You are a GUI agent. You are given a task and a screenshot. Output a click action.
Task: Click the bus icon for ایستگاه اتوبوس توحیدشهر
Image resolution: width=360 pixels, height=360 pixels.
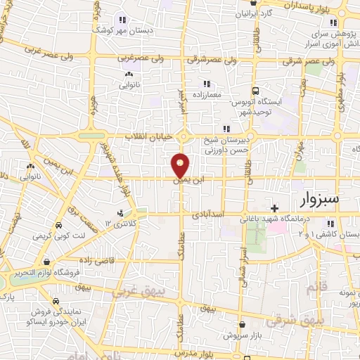[x=256, y=91]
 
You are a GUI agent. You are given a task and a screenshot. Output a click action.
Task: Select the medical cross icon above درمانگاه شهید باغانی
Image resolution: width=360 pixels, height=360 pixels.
[x=274, y=208]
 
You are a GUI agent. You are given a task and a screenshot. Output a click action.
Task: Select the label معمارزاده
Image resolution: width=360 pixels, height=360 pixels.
[x=207, y=94]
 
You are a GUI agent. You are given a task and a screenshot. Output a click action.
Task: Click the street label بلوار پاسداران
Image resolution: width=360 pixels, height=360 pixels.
[x=309, y=4]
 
